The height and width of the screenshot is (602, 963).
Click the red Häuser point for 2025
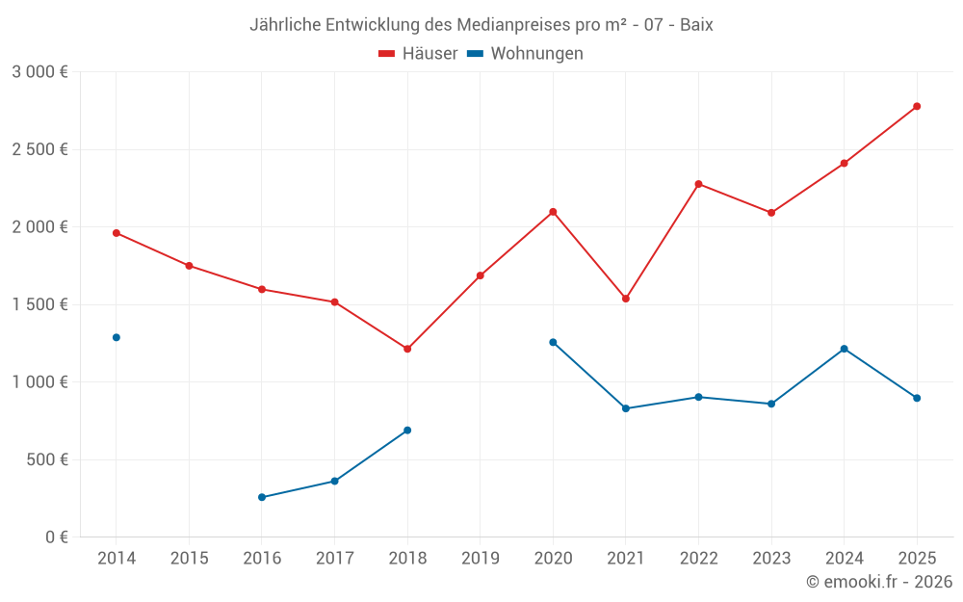click(917, 106)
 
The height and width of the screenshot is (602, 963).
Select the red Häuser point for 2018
click(407, 349)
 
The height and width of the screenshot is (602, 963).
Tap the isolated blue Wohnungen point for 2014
click(117, 337)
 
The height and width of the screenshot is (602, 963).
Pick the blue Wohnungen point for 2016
click(262, 497)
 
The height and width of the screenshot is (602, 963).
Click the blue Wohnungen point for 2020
click(553, 342)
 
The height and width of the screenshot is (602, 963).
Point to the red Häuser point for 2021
click(626, 299)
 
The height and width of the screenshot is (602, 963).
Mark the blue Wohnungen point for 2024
click(844, 349)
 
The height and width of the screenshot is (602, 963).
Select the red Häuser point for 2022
click(698, 184)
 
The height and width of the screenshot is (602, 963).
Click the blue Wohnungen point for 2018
click(407, 431)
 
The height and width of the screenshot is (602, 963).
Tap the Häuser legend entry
click(418, 54)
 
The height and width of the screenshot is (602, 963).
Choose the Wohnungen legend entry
click(526, 54)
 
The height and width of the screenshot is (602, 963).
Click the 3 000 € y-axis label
click(39, 72)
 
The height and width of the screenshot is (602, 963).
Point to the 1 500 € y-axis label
click(39, 304)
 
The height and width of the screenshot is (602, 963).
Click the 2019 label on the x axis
click(480, 559)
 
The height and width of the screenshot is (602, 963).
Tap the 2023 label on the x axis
click(770, 559)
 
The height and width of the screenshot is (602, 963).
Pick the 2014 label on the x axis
click(117, 559)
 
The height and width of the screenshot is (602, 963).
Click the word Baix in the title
click(696, 25)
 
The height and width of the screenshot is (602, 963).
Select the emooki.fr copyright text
click(878, 582)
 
